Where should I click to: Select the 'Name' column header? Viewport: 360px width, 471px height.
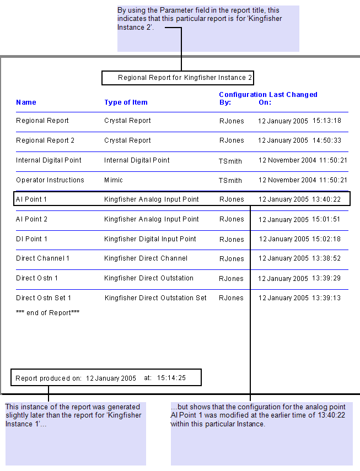click(26, 102)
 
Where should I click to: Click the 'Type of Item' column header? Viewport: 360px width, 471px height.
click(126, 102)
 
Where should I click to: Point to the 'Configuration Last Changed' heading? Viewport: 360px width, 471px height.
click(268, 95)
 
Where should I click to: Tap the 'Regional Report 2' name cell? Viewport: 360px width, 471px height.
click(45, 140)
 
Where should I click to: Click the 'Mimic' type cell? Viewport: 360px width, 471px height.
click(114, 180)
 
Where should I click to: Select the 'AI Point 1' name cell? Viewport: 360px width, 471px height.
click(31, 199)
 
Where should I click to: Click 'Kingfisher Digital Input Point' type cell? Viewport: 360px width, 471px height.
click(150, 239)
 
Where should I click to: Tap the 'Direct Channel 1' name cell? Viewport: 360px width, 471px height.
click(42, 258)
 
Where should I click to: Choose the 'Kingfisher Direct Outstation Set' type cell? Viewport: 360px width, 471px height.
click(155, 298)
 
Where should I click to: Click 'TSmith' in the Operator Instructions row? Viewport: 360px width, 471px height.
click(230, 180)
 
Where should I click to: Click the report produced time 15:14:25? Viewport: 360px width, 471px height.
click(171, 378)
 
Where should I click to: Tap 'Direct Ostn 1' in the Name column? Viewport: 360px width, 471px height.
click(37, 278)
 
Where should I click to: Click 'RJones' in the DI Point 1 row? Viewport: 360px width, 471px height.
click(232, 239)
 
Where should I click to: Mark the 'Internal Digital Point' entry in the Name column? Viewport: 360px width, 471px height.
click(49, 160)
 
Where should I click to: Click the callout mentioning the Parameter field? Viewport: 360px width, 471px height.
click(208, 29)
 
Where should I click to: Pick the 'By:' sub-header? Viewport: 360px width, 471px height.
click(225, 102)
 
